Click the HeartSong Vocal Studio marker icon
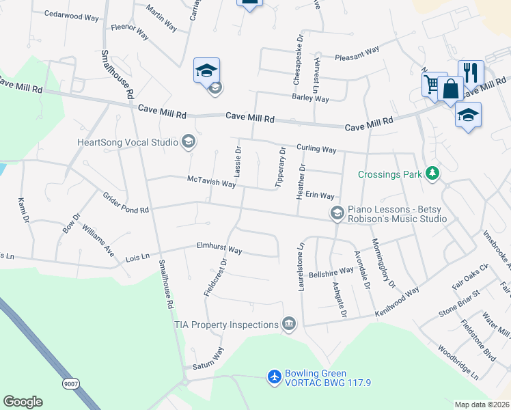[187, 142]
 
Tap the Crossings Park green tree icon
[432, 174]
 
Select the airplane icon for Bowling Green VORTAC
[275, 377]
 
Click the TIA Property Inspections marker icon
[289, 324]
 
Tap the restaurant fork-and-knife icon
[471, 72]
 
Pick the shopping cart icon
[432, 84]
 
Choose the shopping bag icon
[451, 89]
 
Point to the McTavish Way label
[212, 182]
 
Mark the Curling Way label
[316, 148]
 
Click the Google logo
[23, 402]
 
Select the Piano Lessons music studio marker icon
[336, 213]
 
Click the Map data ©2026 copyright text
[482, 405]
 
